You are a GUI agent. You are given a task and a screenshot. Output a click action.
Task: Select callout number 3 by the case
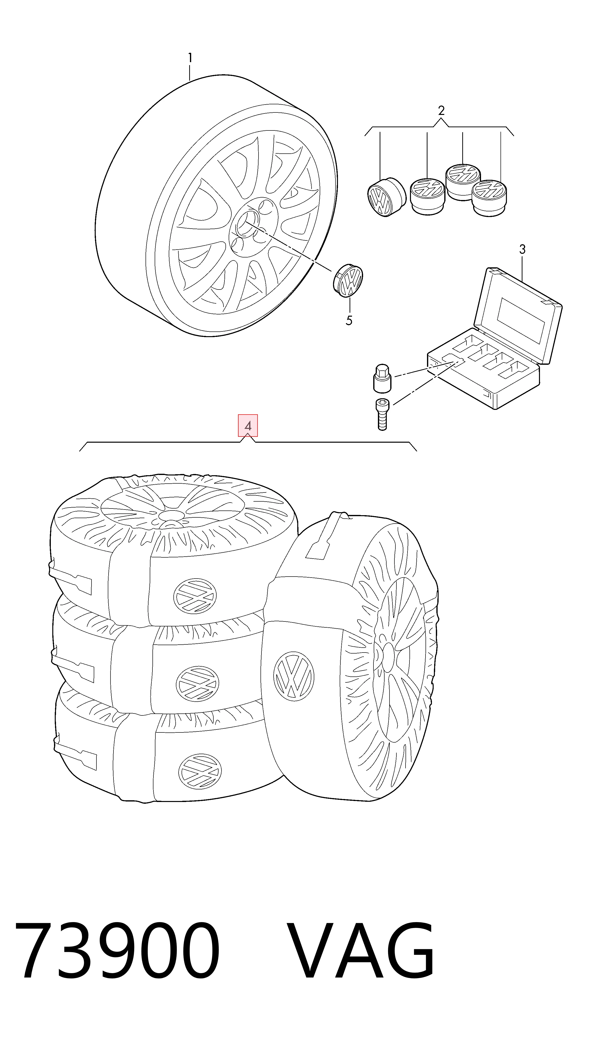point(522,249)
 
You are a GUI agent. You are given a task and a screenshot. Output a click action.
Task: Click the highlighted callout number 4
point(248,425)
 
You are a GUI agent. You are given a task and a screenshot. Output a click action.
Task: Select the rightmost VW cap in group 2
point(489,198)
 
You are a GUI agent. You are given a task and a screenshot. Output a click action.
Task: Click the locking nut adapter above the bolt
point(382,378)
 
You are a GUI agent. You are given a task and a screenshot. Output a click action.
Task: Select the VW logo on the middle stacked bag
point(198,683)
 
